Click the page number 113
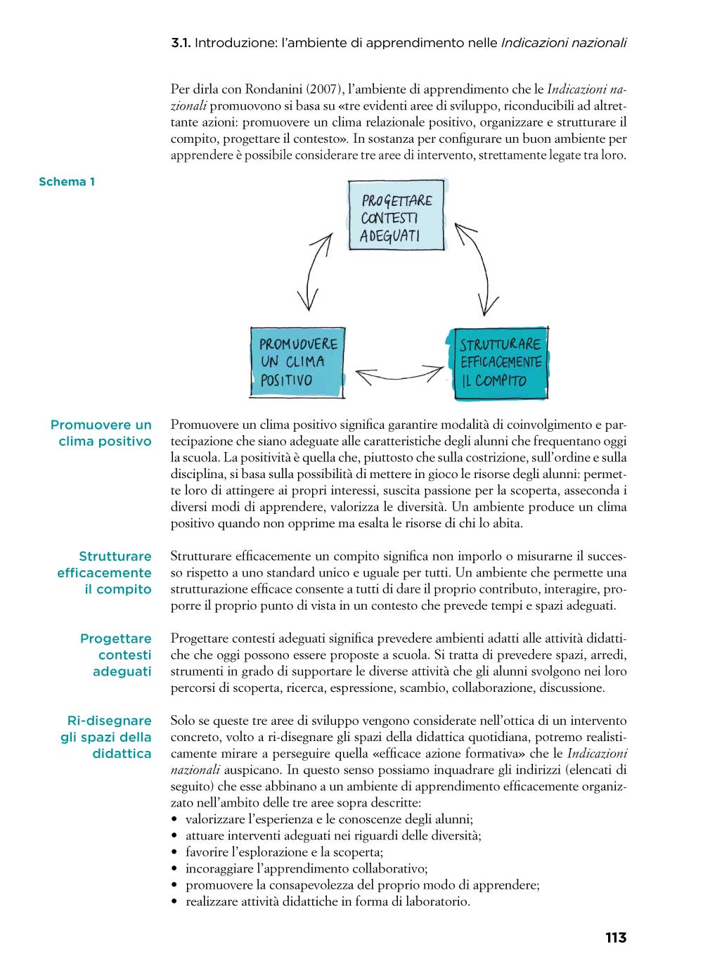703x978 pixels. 615,937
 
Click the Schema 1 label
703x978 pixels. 67,181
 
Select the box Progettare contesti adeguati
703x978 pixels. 396,216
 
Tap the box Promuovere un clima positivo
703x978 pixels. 297,363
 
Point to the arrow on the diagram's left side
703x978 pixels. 315,271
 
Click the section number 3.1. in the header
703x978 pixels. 181,43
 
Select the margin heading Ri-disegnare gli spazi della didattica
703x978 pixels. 106,737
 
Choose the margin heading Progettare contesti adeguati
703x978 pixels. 116,655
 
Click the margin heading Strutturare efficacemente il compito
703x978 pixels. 105,572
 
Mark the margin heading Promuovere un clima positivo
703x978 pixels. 102,433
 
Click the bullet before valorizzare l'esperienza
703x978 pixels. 174,820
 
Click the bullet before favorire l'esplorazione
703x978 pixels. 174,853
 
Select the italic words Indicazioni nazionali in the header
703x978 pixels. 563,43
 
